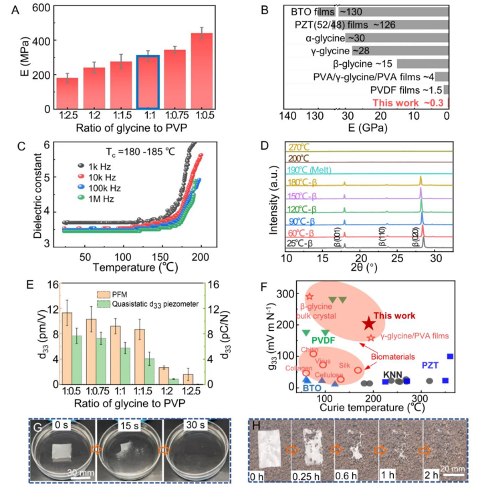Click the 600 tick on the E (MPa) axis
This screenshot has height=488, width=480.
[41, 9]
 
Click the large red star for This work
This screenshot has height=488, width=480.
[368, 324]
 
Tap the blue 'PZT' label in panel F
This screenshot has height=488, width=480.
[431, 366]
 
